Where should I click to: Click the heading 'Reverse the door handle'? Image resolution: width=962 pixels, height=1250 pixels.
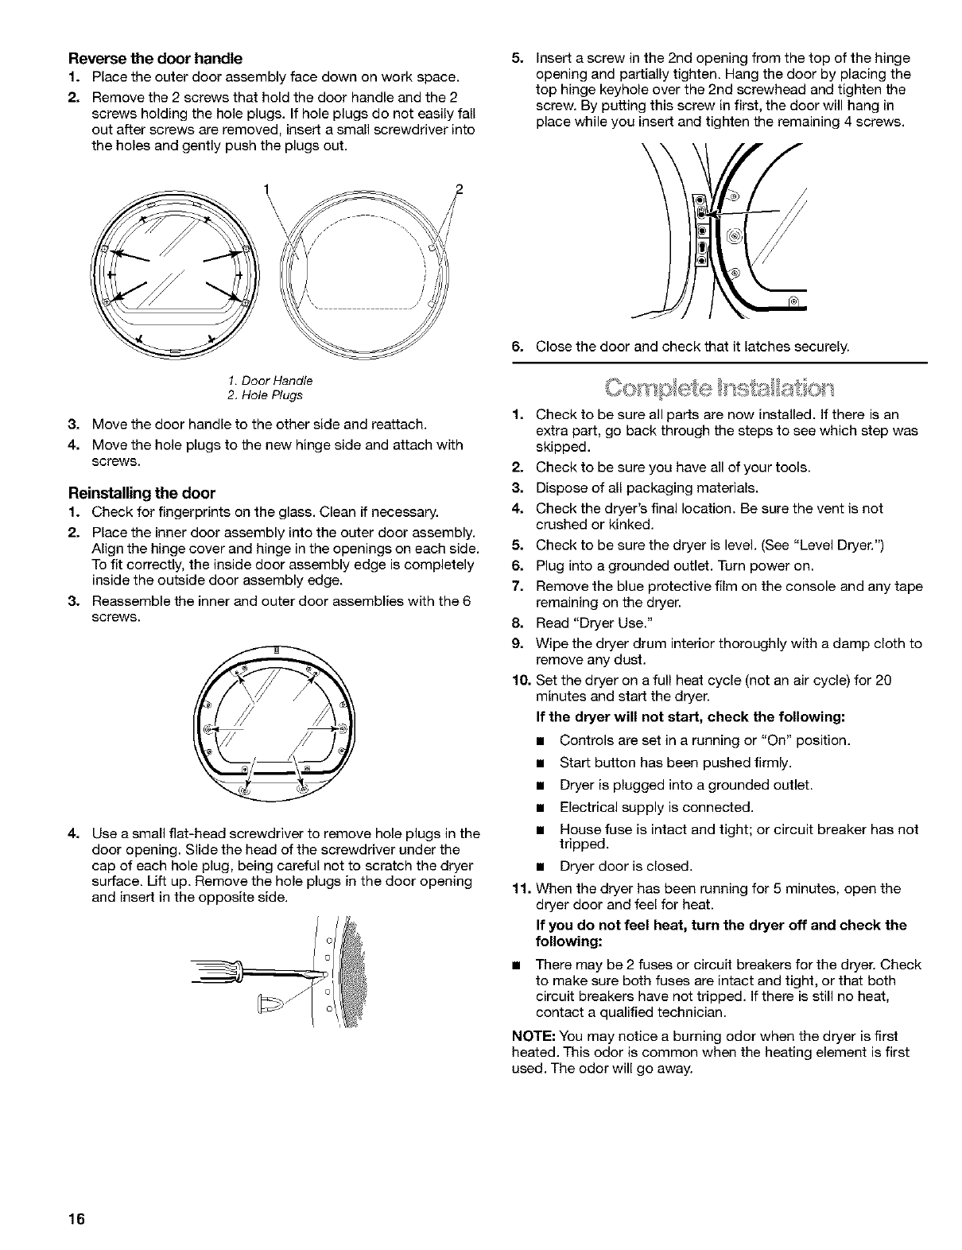[x=156, y=59]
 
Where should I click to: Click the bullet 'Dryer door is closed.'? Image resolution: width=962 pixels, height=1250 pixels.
[x=626, y=865]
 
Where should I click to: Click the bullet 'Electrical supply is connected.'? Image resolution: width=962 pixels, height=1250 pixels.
[x=656, y=807]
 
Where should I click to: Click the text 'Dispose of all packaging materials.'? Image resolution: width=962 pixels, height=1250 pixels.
[x=647, y=487]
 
